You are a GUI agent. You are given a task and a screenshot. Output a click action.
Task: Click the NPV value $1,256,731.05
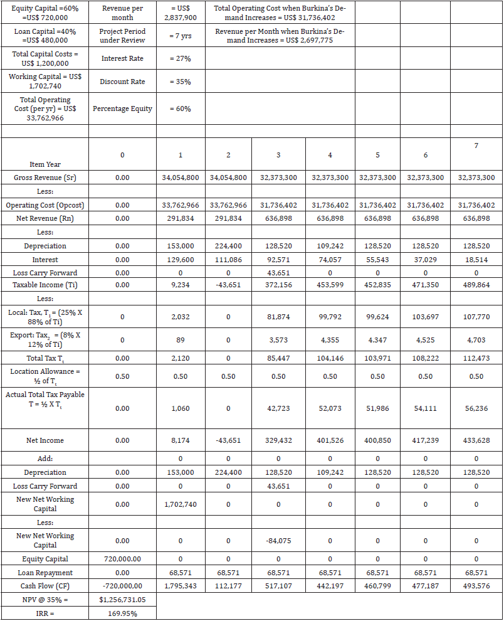(122, 600)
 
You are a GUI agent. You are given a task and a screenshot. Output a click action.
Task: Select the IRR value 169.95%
(122, 613)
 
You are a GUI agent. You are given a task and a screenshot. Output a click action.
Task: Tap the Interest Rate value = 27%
(181, 58)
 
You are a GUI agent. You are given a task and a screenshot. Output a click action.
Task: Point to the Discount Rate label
(122, 82)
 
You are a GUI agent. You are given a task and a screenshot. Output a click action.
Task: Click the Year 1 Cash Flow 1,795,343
(181, 586)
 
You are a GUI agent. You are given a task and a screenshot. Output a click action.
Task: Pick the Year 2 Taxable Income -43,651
(228, 285)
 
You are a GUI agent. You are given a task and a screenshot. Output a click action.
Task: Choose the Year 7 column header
(476, 146)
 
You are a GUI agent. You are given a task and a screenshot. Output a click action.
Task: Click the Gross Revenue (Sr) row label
(45, 178)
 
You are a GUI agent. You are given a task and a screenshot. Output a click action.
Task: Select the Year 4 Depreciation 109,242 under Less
(330, 246)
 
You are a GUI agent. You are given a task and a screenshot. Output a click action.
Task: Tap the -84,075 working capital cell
(278, 541)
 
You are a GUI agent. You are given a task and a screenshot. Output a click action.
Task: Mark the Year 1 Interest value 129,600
(181, 259)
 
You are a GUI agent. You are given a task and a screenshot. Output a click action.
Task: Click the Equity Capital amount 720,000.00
(122, 559)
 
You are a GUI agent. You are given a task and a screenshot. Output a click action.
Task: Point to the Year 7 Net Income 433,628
(476, 440)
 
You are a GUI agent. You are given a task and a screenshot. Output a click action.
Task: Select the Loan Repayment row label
(45, 573)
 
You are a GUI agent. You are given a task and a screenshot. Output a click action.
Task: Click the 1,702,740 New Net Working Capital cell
(181, 504)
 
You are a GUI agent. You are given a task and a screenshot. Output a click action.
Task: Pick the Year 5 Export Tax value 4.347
(377, 340)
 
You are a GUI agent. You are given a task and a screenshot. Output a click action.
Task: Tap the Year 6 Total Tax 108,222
(426, 358)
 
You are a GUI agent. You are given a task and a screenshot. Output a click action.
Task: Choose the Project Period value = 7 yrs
(181, 36)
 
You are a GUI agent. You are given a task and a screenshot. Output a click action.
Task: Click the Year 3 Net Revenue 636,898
(278, 218)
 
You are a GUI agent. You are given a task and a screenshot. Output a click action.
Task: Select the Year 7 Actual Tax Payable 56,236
(476, 408)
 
